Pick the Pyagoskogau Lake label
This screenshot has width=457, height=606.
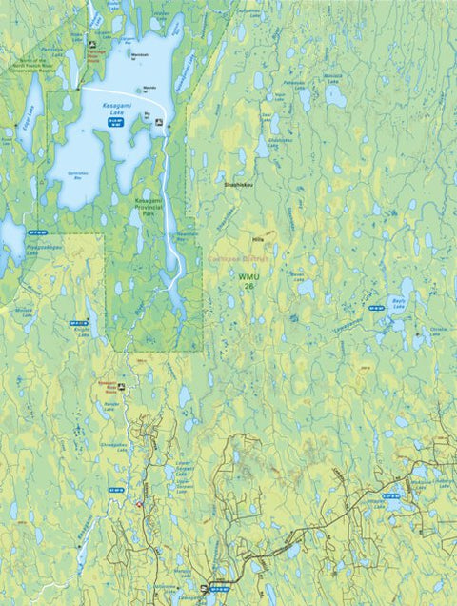point(44,250)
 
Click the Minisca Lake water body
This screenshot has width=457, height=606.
point(334,96)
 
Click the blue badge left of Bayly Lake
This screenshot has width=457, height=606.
point(376,308)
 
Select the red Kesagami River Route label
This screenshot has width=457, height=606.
point(113,386)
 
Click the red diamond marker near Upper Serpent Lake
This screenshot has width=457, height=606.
point(140,503)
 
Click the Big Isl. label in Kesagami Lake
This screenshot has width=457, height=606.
point(148,114)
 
